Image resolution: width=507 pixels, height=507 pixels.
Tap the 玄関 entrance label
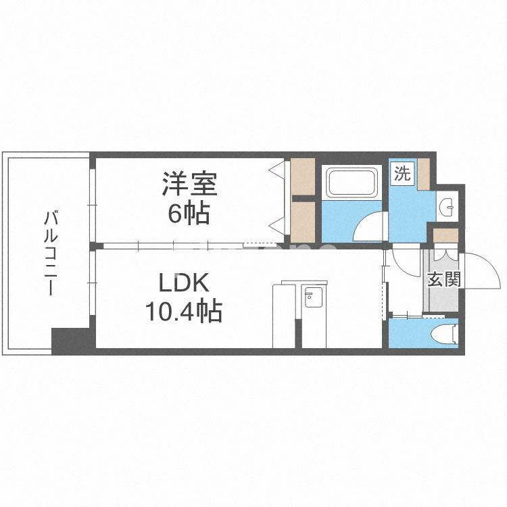click(443, 279)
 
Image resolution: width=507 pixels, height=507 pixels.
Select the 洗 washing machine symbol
click(402, 174)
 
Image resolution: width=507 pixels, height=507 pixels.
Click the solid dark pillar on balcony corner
click(70, 339)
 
